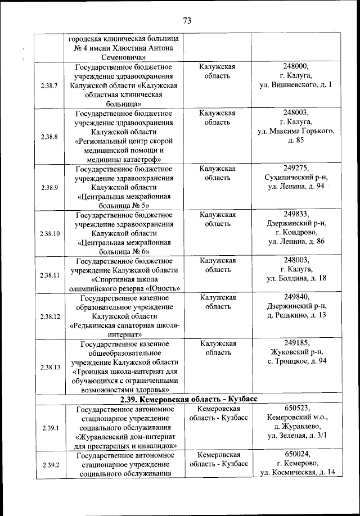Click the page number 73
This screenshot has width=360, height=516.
tap(187, 21)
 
